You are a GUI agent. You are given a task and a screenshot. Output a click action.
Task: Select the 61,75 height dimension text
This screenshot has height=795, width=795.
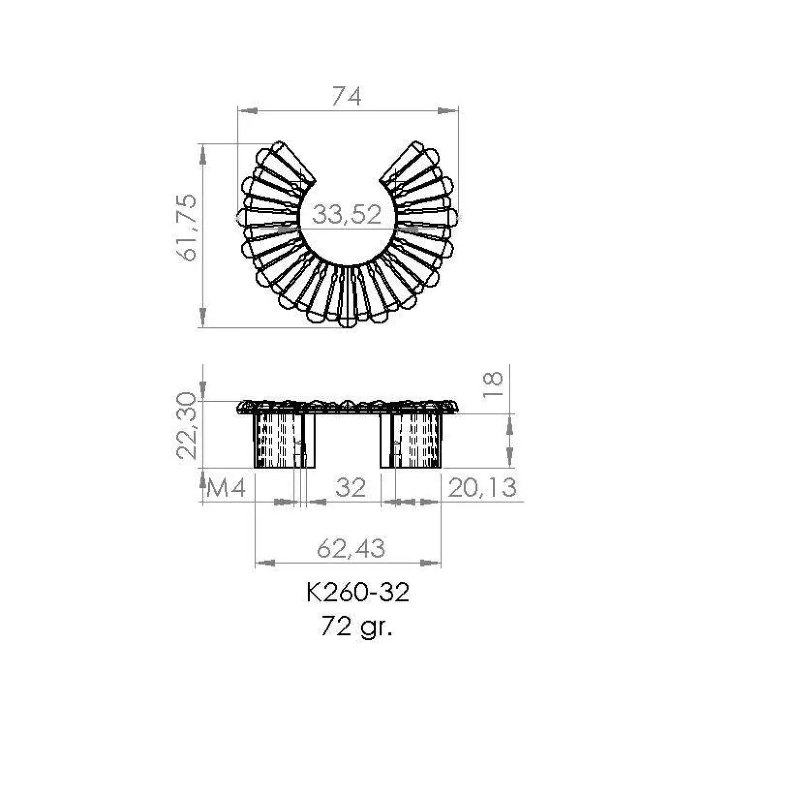tap(187, 228)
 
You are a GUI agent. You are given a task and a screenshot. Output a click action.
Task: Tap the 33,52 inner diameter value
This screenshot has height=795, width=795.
tap(347, 215)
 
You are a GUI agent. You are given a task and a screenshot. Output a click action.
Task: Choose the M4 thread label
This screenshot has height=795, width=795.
tap(226, 488)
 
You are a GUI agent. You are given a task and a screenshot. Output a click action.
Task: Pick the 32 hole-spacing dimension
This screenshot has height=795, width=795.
tap(350, 487)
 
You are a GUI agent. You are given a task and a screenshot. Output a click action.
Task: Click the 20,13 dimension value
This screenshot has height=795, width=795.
tap(482, 487)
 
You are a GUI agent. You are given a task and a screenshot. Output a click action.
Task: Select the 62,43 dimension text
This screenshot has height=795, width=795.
tap(351, 549)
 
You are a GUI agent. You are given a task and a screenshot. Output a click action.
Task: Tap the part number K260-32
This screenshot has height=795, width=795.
tap(358, 592)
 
